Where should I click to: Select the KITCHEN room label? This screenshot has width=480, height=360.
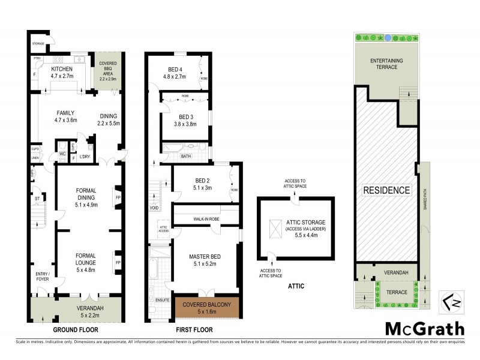click(61, 69)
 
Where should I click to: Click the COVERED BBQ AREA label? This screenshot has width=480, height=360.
click(109, 71)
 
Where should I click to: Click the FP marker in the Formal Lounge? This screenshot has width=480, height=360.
click(117, 262)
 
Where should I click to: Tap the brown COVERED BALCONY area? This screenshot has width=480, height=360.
click(206, 308)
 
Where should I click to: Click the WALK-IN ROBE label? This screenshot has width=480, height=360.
click(205, 219)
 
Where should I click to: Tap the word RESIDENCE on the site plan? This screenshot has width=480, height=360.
click(386, 190)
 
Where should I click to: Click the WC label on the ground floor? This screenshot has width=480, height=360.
click(62, 155)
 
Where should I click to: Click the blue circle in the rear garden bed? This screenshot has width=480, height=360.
click(388, 37)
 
